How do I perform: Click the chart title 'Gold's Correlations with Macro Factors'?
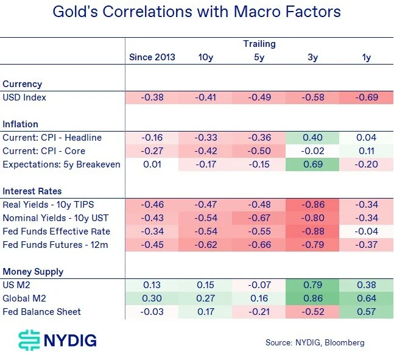(x=196, y=12)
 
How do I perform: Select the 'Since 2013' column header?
(x=152, y=57)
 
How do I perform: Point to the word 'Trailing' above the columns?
(x=259, y=44)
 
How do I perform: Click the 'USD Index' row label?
(x=24, y=97)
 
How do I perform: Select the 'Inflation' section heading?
(x=21, y=124)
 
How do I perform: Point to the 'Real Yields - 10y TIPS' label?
(x=47, y=205)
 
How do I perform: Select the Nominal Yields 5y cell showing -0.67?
(x=259, y=218)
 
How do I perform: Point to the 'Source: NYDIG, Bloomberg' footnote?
(x=315, y=342)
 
